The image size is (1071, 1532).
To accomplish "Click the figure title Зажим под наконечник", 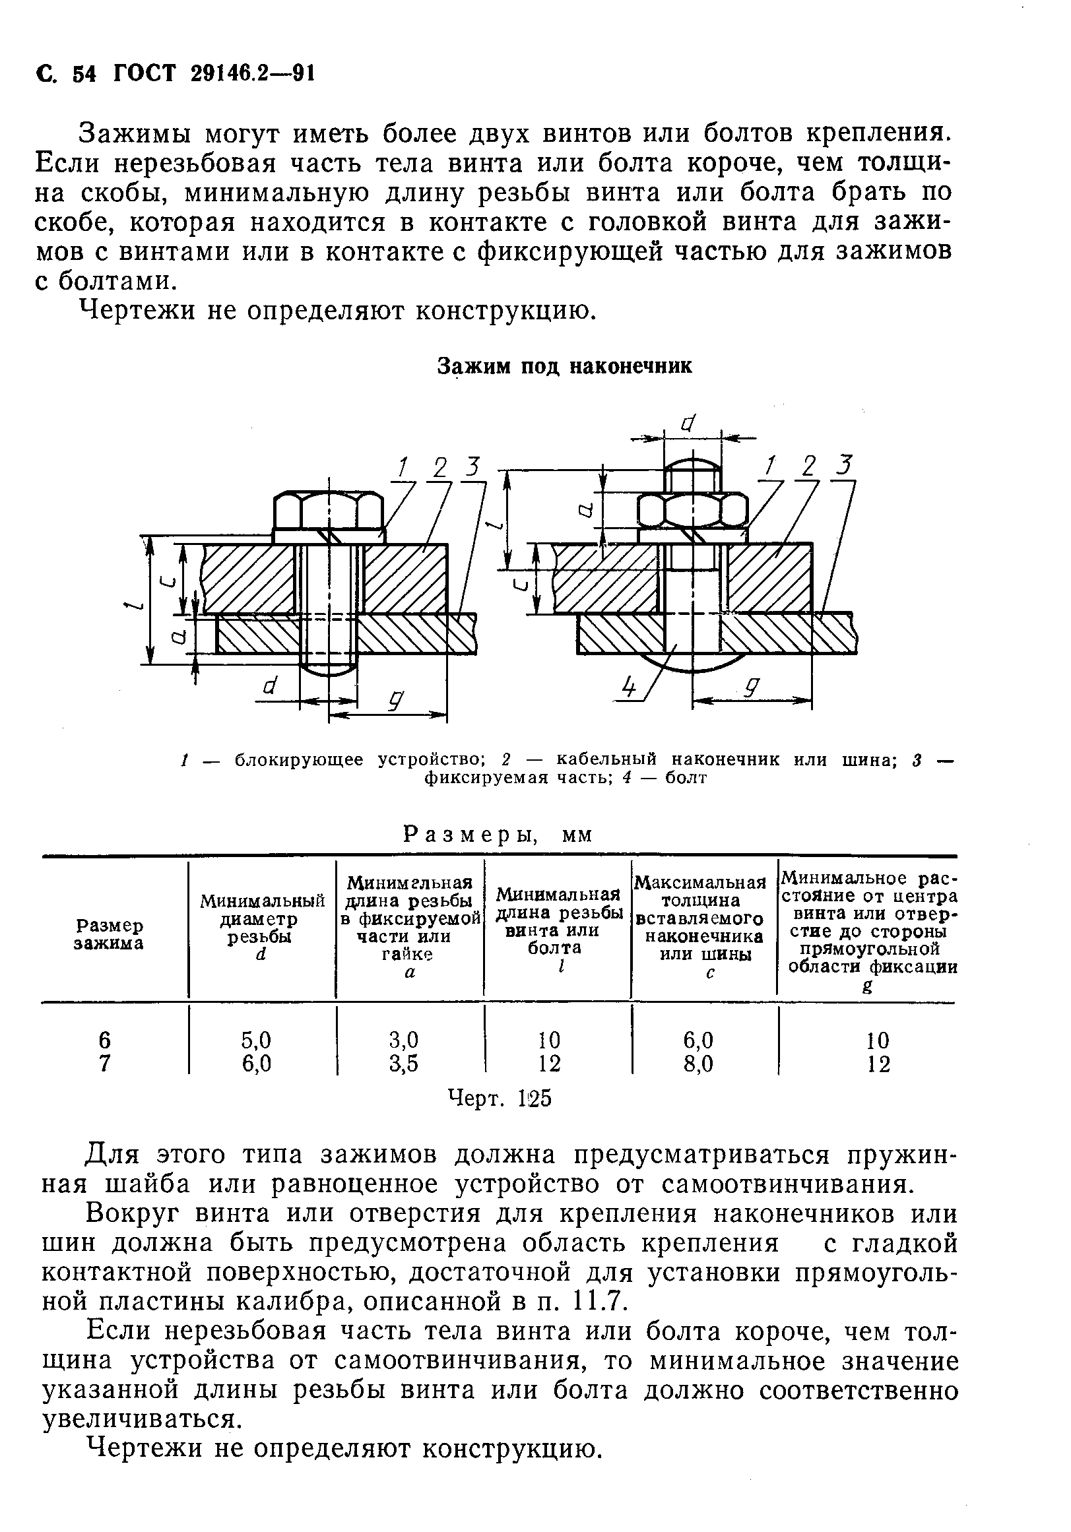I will click(x=564, y=366).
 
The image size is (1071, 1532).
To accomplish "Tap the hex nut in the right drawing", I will click(x=692, y=512).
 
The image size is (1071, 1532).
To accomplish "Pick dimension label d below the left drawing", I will click(x=270, y=686).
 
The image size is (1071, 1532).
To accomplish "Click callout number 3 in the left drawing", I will click(x=472, y=466).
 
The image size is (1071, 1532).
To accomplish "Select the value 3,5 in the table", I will click(x=403, y=1063).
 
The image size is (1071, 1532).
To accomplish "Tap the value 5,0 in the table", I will click(x=256, y=1040).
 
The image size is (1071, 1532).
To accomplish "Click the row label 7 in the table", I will click(x=104, y=1063).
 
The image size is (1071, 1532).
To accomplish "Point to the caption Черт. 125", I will click(x=499, y=1098).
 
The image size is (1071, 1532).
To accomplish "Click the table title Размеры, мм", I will click(x=498, y=835).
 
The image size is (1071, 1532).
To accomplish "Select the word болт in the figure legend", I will click(x=686, y=778).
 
